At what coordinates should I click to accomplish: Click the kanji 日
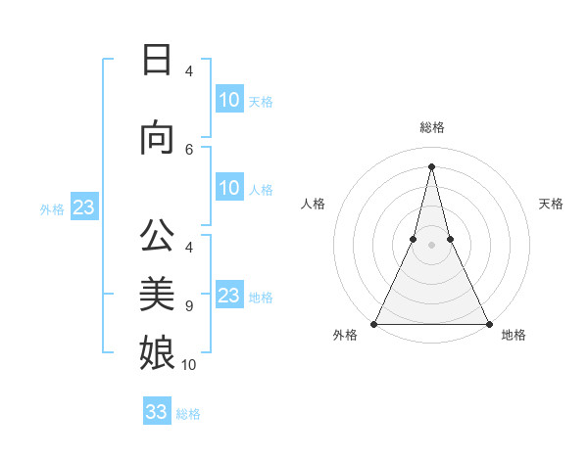pos(157,60)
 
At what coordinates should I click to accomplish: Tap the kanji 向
pos(157,138)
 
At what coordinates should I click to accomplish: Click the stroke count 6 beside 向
pos(189,149)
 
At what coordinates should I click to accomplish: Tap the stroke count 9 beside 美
pos(189,306)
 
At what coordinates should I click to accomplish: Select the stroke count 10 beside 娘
pos(189,365)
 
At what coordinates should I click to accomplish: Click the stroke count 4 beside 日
pos(189,71)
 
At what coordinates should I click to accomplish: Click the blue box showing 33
pos(157,412)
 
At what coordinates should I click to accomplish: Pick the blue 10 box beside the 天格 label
pos(229,100)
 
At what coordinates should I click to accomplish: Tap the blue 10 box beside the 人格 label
pos(229,188)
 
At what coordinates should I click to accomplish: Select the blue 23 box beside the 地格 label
pos(229,296)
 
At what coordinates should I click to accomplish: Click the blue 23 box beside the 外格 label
pos(83,207)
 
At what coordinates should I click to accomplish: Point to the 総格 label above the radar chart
pos(431,127)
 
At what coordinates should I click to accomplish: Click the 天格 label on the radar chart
pos(551,204)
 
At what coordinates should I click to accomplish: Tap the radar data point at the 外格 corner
pos(375,323)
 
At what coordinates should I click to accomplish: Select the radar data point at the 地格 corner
pos(488,323)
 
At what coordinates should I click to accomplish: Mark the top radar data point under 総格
pos(431,165)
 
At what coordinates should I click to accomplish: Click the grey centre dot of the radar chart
pos(431,244)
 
